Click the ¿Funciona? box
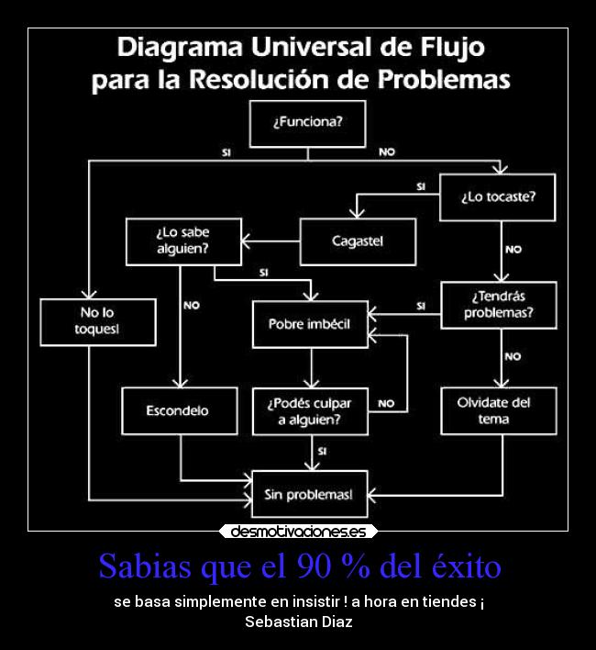[307, 122]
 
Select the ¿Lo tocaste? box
[497, 196]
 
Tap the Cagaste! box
[358, 241]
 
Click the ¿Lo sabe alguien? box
[183, 241]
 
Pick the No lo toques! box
[97, 321]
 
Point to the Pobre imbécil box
[310, 324]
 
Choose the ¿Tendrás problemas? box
[498, 305]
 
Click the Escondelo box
[178, 410]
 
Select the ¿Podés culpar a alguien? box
[310, 410]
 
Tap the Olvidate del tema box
[498, 410]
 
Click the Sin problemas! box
[310, 494]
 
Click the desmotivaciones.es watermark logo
[298, 532]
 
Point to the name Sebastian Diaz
[298, 622]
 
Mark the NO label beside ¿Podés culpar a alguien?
[386, 403]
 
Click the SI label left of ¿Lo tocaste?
[421, 186]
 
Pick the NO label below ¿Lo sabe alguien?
[192, 306]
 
